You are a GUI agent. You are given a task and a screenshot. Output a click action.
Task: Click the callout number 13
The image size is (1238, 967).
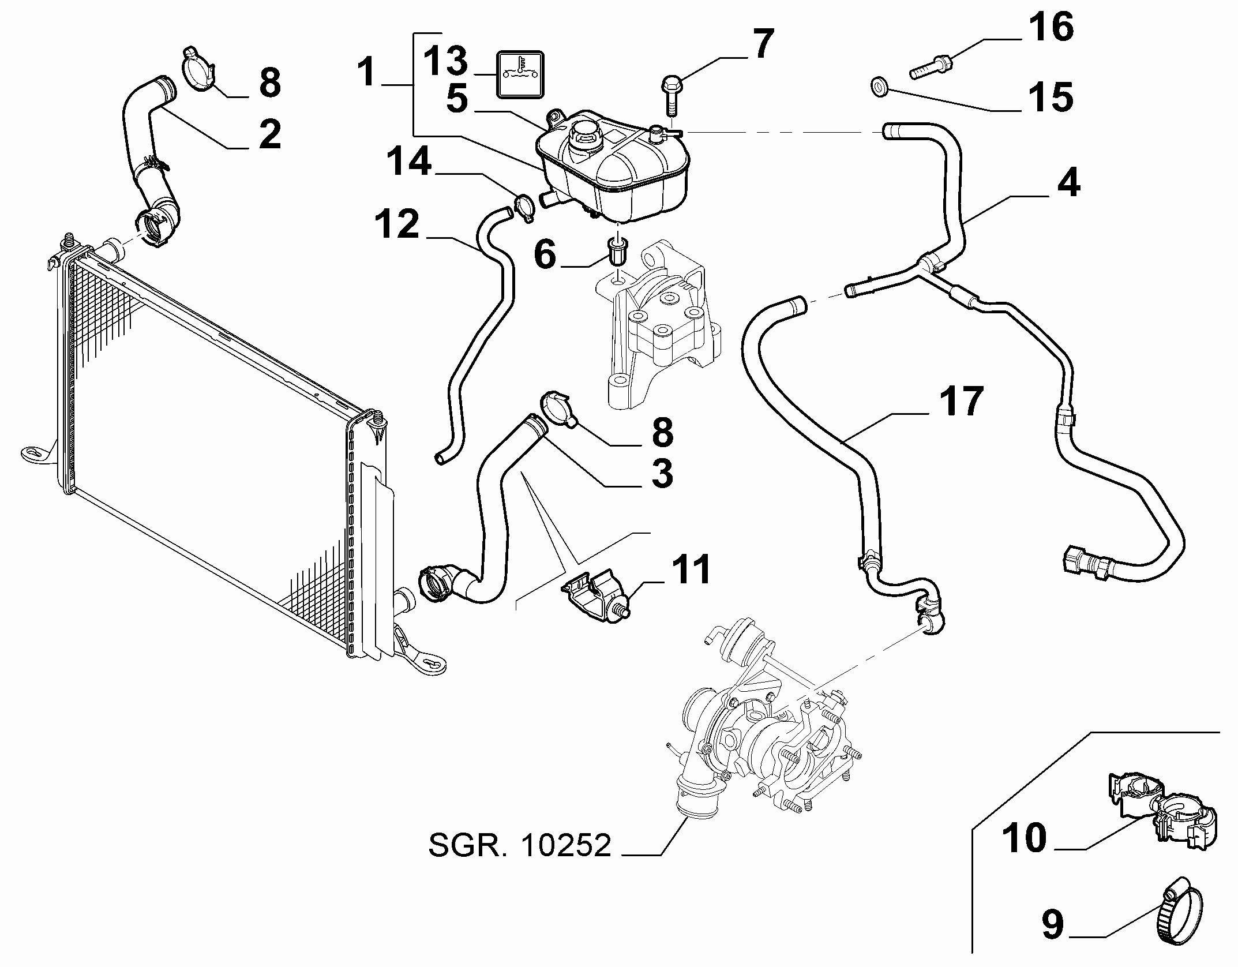coord(446,62)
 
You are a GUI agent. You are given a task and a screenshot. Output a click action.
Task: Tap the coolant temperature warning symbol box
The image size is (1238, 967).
coord(117,74)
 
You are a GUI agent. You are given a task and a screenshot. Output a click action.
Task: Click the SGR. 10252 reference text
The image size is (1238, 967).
coord(519,846)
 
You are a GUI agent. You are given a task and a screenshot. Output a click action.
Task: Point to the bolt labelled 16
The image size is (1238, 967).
coord(931,65)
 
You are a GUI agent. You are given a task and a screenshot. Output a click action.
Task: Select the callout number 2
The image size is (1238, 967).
coord(269,133)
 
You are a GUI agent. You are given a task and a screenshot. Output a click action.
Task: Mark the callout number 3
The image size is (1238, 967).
coord(662,473)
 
